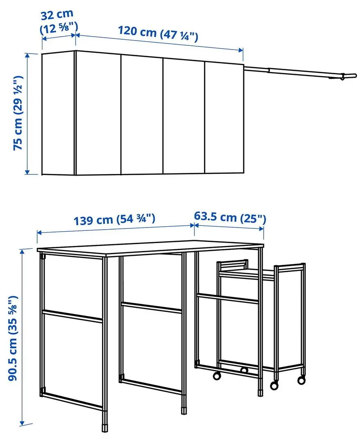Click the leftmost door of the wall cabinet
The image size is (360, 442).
[x=98, y=113]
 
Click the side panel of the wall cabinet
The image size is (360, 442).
[x=58, y=113]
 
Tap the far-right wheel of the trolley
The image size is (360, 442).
[x=301, y=380]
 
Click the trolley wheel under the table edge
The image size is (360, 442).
[x=217, y=375]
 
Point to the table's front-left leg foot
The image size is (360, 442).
[x=105, y=427]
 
